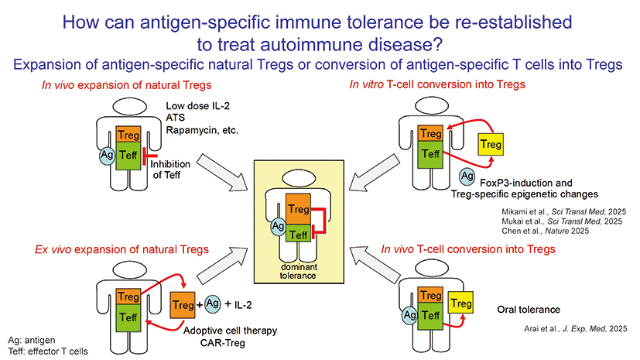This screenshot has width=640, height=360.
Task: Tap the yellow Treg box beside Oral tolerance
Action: point(461,304)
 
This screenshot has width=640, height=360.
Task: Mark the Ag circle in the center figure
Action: point(277,225)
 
